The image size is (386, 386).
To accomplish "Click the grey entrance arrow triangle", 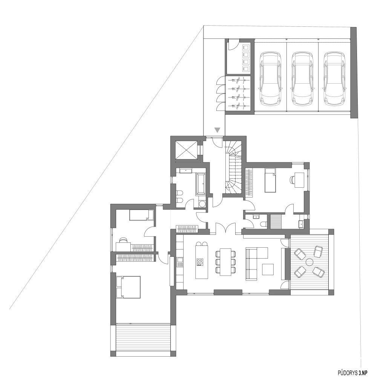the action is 217,130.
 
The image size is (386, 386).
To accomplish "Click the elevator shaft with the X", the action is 186,150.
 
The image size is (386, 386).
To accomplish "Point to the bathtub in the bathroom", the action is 201,184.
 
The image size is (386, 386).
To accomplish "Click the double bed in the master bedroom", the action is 128,287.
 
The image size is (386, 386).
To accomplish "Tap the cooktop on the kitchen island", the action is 200,262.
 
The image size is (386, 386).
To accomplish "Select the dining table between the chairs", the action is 226,262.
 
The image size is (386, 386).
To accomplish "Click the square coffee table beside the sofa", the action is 268,269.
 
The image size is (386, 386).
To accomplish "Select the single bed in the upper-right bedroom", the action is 270,180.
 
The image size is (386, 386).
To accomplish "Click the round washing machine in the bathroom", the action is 202,204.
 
